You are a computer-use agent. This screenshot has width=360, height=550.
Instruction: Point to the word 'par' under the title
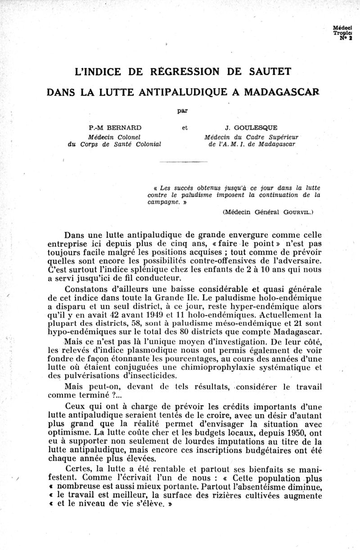182,109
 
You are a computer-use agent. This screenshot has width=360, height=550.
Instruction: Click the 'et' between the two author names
184,128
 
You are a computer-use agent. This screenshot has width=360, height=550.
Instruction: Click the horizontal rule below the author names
183,161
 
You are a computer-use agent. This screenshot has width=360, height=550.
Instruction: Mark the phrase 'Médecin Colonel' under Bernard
115,136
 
